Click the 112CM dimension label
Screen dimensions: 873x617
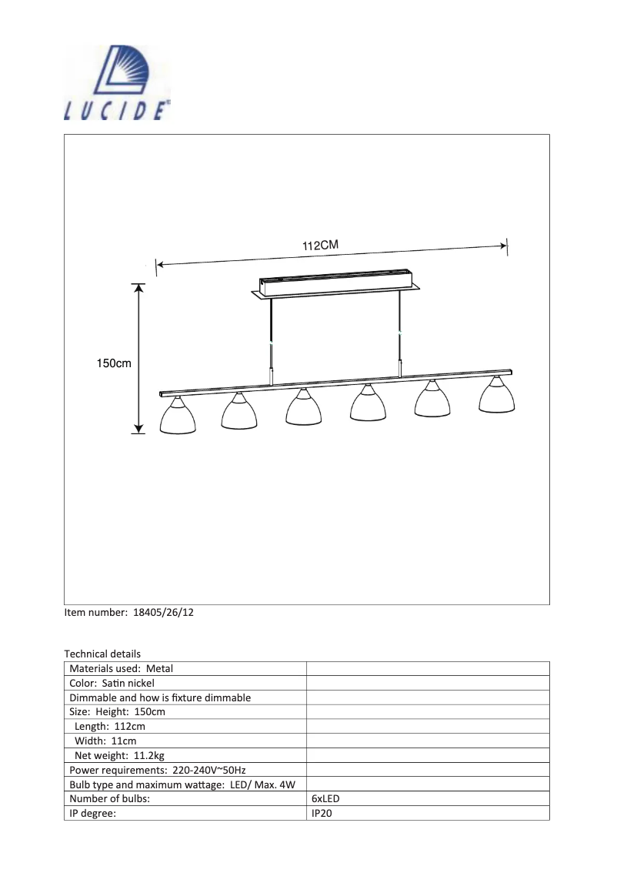(x=321, y=246)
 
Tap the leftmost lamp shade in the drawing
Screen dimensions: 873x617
(x=177, y=419)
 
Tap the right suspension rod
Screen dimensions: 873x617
(x=400, y=331)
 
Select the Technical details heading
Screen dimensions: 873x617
(x=102, y=654)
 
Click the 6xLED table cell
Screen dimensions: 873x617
(x=325, y=799)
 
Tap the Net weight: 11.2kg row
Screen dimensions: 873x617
(x=119, y=754)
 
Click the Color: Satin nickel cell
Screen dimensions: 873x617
(x=112, y=683)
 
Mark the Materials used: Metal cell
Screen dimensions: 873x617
(x=122, y=668)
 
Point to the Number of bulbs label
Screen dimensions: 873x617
(x=109, y=799)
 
